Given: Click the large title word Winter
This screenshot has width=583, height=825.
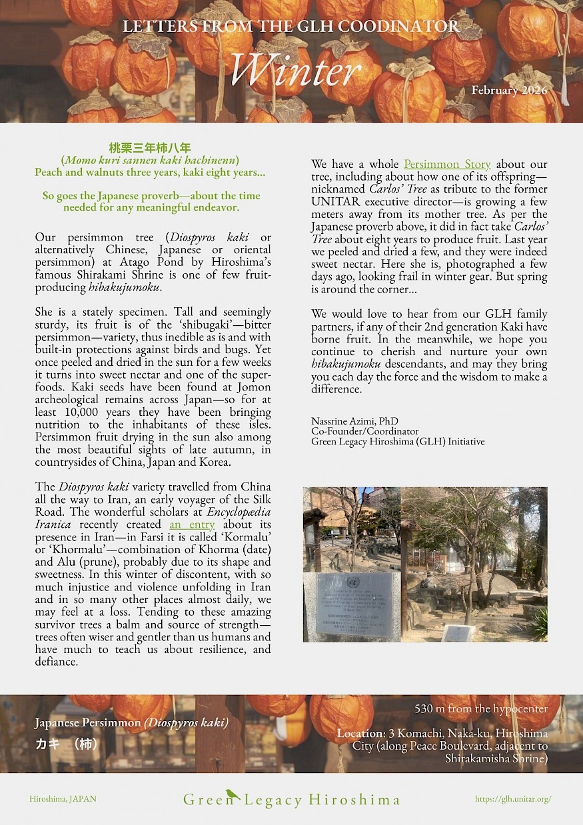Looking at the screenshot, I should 295,69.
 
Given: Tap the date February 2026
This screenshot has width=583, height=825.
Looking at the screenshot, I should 508,90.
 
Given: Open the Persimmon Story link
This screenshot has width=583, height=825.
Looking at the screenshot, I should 447,164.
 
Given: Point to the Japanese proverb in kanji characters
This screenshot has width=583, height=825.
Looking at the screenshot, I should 150,148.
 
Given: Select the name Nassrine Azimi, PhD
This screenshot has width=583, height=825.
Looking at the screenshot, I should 354,421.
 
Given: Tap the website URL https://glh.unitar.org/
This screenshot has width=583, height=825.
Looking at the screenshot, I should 513,798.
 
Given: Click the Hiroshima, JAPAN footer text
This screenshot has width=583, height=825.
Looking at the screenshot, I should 63,798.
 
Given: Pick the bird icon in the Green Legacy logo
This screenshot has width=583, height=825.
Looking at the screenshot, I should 232,794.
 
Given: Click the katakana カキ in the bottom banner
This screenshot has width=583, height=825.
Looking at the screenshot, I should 47,744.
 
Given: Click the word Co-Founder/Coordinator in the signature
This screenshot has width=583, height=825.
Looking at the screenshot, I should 365,431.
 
